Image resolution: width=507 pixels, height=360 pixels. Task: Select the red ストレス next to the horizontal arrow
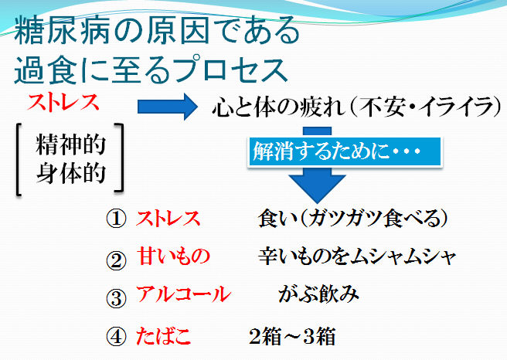63,103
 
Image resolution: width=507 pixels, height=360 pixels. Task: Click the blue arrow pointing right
167,107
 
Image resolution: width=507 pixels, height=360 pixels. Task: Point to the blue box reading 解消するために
345,151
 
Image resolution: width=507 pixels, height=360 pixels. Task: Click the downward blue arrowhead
317,188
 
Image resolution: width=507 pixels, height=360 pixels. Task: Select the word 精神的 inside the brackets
71,144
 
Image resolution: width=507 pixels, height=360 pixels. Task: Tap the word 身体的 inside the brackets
71,173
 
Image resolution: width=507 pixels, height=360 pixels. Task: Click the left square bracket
18,160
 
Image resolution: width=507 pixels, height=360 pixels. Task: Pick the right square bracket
120,158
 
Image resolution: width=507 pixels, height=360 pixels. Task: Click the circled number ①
116,219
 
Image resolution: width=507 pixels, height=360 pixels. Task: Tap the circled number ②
116,260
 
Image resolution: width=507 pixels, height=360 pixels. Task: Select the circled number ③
116,298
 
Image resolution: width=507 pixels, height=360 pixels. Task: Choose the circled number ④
116,336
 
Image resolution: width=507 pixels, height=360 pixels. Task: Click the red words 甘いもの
174,256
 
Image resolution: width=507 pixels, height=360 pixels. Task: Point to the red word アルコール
183,294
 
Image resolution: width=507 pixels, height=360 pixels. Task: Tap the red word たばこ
163,336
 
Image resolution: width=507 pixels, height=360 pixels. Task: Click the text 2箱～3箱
292,336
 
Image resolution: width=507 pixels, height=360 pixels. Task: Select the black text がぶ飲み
318,294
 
